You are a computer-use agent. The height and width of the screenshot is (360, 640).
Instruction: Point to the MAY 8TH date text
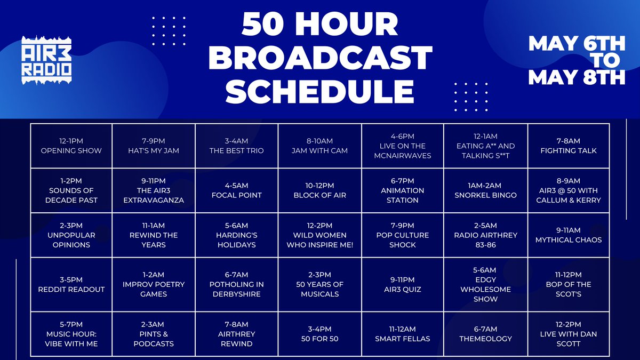tap(576, 78)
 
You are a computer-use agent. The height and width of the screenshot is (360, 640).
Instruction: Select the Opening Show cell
tap(71, 146)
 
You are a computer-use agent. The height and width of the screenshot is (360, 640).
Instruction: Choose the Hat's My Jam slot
tap(154, 146)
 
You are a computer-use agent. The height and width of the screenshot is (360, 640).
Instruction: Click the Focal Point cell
tap(237, 190)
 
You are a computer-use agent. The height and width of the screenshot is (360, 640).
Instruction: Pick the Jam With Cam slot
tap(320, 146)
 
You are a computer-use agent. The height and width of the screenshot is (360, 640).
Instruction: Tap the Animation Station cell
tap(403, 190)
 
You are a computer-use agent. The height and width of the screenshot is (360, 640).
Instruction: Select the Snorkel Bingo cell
tap(485, 190)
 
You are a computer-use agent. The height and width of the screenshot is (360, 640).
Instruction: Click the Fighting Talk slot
tap(569, 146)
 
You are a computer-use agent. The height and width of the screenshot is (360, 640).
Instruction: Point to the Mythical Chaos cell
tap(569, 235)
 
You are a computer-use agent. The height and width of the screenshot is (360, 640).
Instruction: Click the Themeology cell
tap(485, 334)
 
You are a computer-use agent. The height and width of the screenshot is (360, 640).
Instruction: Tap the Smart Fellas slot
tap(403, 334)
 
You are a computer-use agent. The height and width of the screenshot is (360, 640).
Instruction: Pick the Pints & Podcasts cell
tap(154, 334)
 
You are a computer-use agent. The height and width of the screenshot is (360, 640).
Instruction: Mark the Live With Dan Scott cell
tap(569, 334)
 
